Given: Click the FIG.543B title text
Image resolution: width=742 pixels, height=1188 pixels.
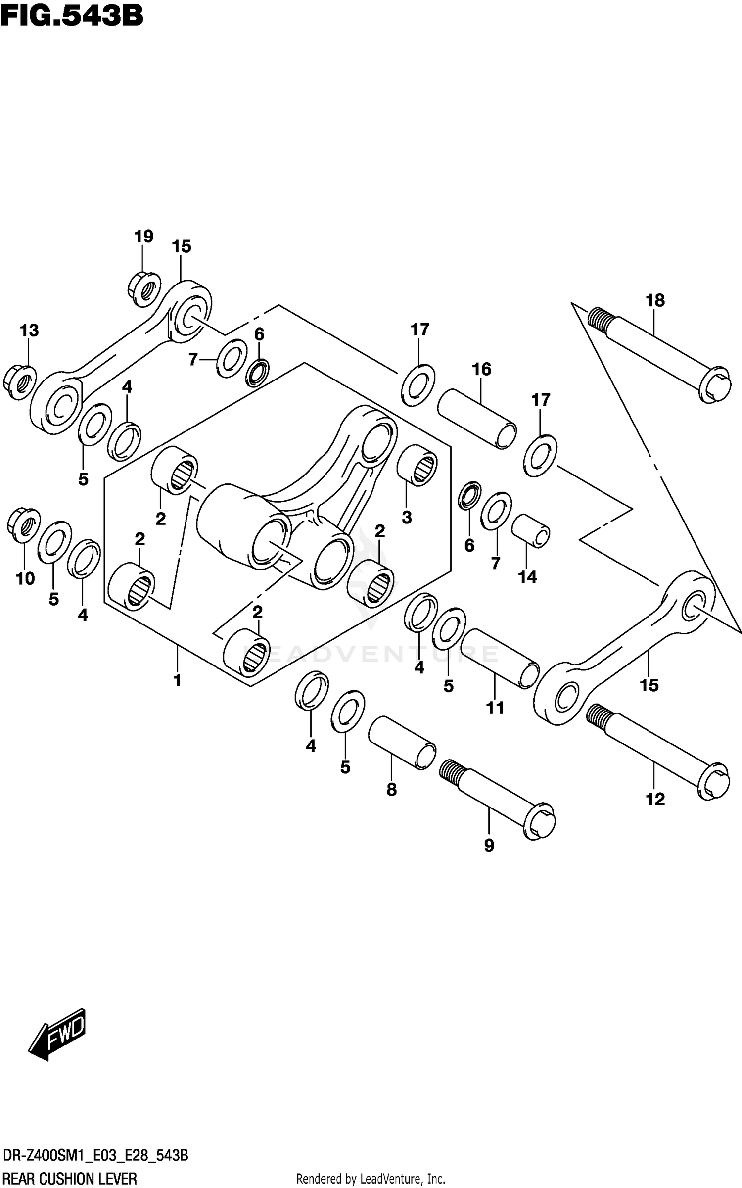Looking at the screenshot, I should (72, 16).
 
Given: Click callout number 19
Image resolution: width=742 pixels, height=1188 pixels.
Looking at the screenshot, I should (143, 237).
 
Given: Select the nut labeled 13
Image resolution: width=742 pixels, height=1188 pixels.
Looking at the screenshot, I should (19, 382).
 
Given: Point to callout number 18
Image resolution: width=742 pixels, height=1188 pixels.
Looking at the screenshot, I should (655, 300).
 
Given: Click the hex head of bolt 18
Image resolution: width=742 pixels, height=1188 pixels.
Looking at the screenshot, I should (715, 384).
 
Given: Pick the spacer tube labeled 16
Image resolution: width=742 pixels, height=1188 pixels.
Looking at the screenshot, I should (477, 419).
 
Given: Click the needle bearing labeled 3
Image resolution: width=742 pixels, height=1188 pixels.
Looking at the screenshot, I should (417, 464).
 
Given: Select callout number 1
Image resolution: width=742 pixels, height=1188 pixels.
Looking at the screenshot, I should (177, 680).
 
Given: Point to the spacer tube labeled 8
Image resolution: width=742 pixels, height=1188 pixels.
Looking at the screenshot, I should (402, 743).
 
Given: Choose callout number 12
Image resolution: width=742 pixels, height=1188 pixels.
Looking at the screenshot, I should (655, 799).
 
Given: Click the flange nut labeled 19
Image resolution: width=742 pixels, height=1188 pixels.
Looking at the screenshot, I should (144, 288).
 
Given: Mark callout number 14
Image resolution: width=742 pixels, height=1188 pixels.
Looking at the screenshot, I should (527, 577).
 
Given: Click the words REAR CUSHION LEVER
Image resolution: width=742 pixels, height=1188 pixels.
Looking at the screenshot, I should (70, 1178).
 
